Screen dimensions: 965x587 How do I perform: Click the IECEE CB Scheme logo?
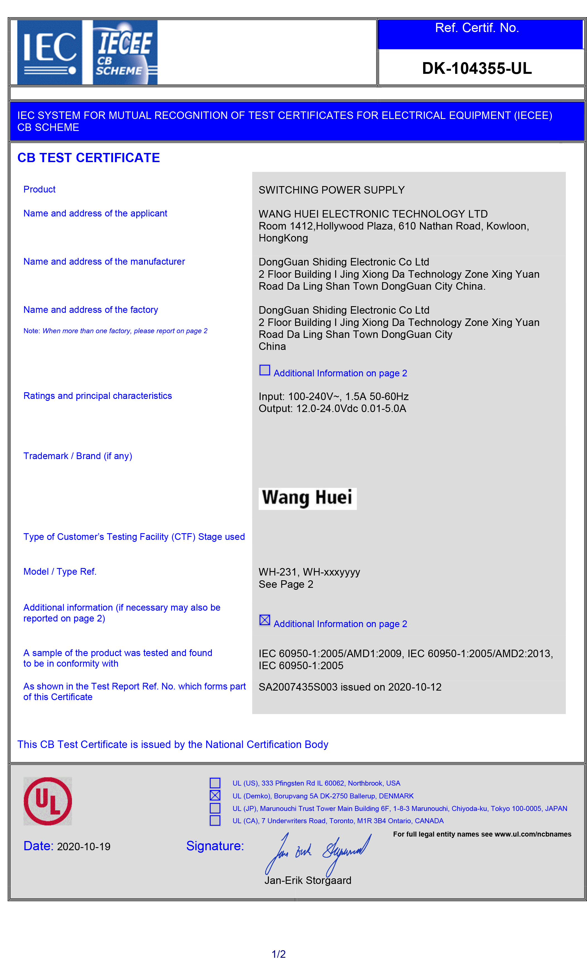tap(125, 52)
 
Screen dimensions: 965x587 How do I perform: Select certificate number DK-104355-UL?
tap(477, 69)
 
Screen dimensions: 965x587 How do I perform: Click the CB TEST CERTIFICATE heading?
tap(89, 158)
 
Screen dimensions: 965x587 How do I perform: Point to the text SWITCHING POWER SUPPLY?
tap(331, 190)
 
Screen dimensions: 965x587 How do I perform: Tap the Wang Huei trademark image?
tap(307, 498)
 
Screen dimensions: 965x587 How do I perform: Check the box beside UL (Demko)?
tap(215, 795)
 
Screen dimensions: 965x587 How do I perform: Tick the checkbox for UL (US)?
tap(215, 783)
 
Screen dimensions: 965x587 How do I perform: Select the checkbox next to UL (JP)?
tap(215, 808)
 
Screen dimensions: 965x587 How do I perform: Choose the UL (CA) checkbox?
tap(215, 820)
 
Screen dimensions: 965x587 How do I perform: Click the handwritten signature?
tap(317, 854)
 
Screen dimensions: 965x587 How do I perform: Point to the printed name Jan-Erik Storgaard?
tap(308, 880)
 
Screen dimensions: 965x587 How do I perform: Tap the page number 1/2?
tap(279, 954)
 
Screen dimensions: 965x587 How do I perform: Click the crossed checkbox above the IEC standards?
tap(265, 620)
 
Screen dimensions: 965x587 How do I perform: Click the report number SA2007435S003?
tap(298, 687)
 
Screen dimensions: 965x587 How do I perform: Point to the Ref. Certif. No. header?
tap(477, 28)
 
